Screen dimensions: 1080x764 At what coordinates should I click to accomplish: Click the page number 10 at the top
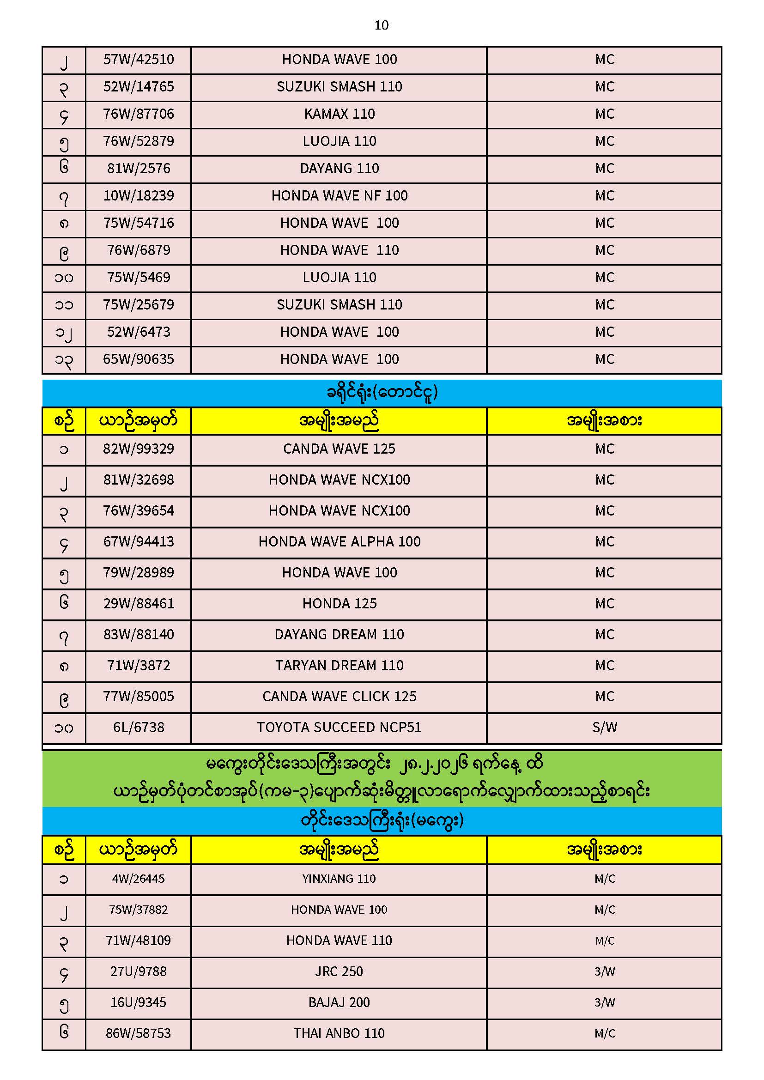[x=381, y=25]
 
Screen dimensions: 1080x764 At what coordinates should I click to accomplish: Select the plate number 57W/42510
[x=138, y=60]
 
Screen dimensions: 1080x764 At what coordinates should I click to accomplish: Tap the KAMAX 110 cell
[x=339, y=114]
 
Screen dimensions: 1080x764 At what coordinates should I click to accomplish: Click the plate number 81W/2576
[x=138, y=169]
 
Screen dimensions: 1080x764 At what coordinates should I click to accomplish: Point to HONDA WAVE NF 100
[x=339, y=196]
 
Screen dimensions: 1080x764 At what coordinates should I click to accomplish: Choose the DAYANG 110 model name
[x=339, y=169]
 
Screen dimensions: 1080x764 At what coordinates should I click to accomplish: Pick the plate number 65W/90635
[x=138, y=360]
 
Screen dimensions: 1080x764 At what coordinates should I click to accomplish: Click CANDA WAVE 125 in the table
[x=339, y=449]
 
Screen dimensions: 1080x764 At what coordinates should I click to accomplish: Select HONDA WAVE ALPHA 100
[x=339, y=542]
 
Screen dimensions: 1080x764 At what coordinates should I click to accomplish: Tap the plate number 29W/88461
[x=138, y=604]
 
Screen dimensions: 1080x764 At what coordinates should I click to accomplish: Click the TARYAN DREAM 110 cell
[x=339, y=666]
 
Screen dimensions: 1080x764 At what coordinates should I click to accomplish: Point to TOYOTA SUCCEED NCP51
[x=339, y=728]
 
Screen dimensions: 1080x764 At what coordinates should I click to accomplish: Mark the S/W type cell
[x=605, y=728]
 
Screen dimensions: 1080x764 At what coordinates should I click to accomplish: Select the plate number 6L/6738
[x=138, y=728]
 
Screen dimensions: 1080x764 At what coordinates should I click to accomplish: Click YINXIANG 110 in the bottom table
[x=339, y=879]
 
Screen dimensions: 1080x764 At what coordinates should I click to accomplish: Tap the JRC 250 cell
[x=339, y=972]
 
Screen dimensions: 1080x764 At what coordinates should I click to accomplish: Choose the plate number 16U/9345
[x=138, y=1003]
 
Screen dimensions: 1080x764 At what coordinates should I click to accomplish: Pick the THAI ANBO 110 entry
[x=339, y=1034]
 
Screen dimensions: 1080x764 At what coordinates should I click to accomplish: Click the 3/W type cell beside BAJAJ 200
[x=605, y=1003]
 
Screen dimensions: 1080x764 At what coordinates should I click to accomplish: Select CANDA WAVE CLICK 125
[x=339, y=697]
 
